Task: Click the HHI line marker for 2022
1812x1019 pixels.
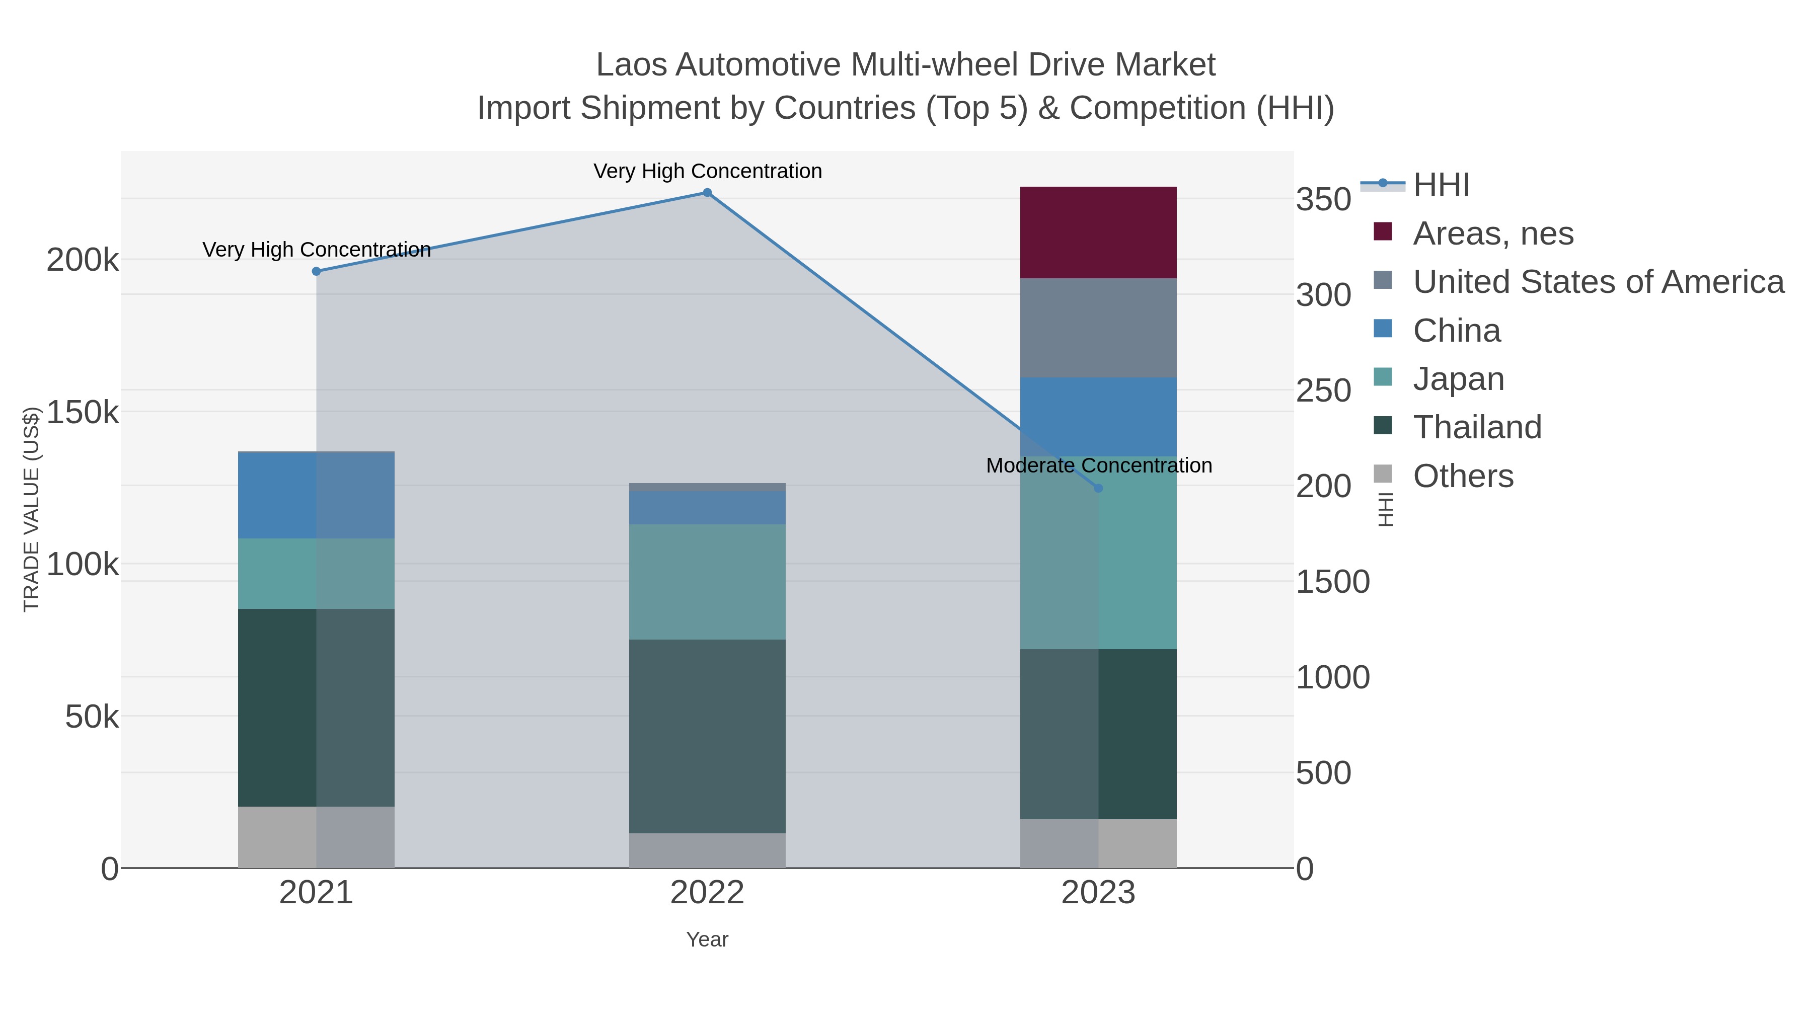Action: pos(707,193)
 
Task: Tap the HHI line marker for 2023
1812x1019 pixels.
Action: pos(1098,488)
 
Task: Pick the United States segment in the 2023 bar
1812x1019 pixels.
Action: pos(1098,328)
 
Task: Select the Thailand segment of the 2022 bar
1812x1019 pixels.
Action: pos(707,736)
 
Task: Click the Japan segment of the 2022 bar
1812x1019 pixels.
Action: pos(707,582)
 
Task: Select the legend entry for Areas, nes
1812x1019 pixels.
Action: pos(1493,233)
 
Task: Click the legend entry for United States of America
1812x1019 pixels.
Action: pos(1598,282)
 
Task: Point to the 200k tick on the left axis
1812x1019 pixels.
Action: pos(83,260)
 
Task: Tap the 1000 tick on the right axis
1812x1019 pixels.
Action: pos(1332,677)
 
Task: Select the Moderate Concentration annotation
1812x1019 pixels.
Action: pos(1099,465)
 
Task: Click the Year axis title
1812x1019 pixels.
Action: pos(707,939)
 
